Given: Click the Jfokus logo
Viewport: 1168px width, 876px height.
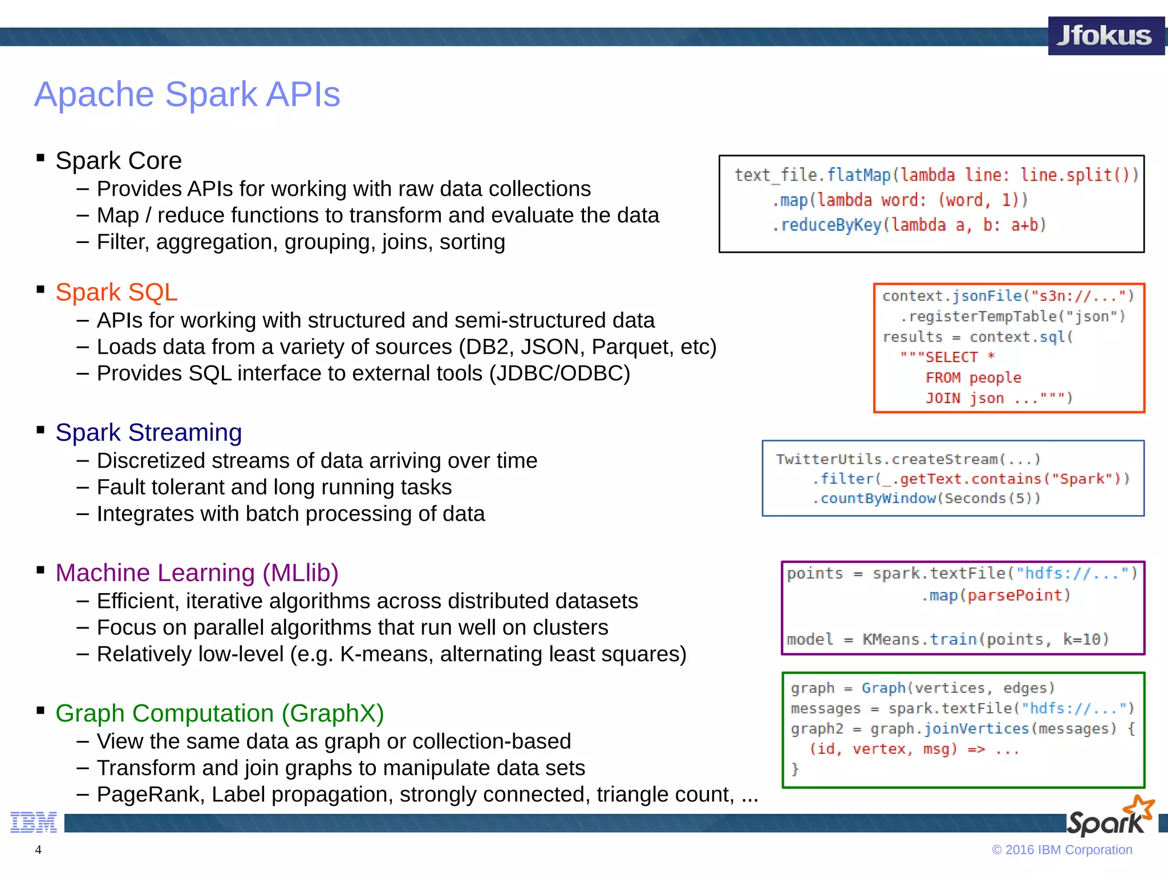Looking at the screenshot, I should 1105,36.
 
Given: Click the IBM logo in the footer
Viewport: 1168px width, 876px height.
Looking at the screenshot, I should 34,822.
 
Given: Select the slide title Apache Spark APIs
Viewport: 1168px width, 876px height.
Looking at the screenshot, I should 187,94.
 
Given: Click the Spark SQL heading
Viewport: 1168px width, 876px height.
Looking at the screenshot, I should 116,292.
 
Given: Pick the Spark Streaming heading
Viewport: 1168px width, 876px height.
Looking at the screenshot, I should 148,432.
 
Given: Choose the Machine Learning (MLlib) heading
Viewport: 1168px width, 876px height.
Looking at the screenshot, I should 197,573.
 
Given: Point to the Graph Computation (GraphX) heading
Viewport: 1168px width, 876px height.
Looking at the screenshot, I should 220,713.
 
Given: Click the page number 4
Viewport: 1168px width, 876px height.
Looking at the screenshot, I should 38,850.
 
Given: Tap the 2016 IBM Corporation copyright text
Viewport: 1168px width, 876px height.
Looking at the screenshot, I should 1062,850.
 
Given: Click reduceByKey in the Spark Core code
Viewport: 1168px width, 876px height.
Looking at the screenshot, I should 831,225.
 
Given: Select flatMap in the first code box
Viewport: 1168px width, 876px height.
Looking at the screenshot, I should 858,175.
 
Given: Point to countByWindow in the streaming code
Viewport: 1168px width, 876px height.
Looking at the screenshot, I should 878,498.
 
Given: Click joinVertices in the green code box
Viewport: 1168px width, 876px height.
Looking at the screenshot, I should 976,729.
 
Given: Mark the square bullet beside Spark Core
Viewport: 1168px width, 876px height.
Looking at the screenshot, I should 40,158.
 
